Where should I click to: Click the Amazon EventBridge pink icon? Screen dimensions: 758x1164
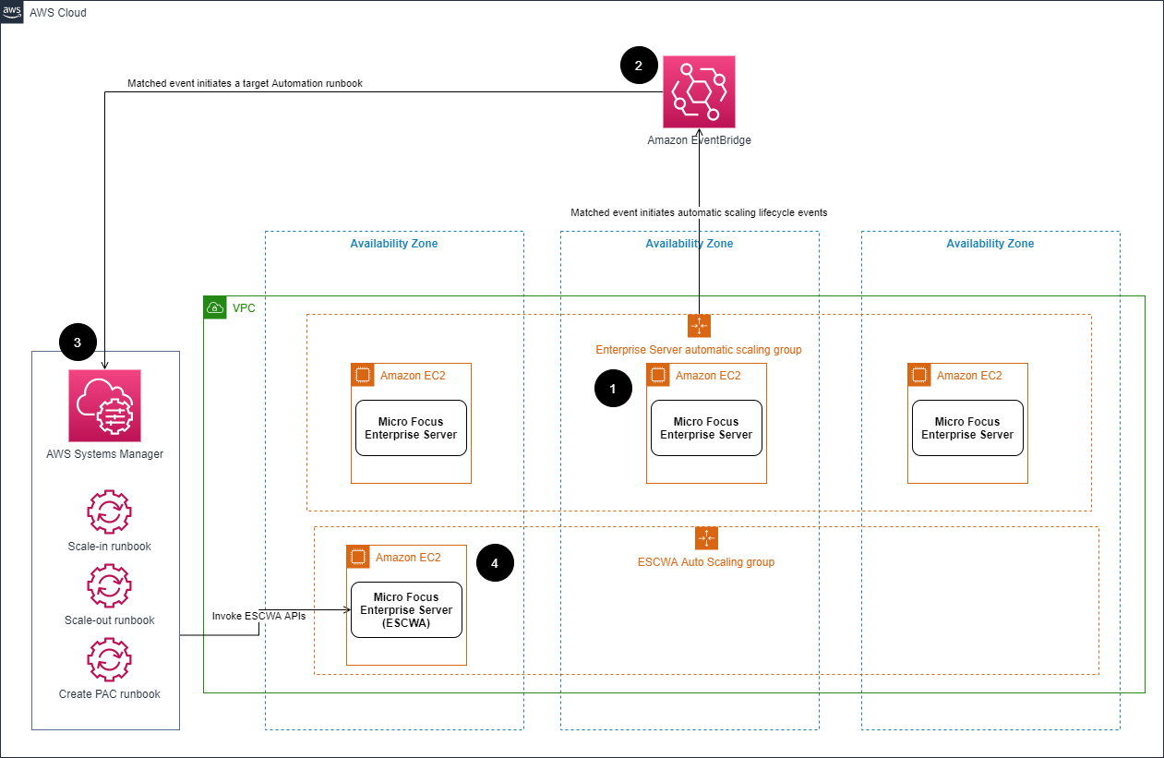[x=699, y=91]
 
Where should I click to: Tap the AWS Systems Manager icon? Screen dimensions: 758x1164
[x=104, y=405]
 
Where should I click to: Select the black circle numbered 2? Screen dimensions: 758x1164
[x=639, y=66]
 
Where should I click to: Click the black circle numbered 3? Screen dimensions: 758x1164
[x=77, y=343]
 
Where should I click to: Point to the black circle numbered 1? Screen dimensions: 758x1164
[x=613, y=390]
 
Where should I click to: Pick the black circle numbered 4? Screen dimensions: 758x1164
[x=495, y=562]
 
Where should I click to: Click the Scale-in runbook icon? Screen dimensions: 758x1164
[x=109, y=512]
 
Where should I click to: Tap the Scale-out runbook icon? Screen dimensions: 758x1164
[x=109, y=585]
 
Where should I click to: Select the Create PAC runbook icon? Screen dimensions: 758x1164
[x=109, y=659]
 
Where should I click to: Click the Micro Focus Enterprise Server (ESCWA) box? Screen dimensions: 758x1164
[x=406, y=609]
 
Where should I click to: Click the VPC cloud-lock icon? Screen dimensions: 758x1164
[x=215, y=307]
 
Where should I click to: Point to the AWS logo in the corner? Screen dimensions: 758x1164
[x=13, y=13]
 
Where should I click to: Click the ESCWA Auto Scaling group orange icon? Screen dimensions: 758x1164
[x=706, y=538]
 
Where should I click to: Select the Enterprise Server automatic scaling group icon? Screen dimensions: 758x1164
[x=699, y=326]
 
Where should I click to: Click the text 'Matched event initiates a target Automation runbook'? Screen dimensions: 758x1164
[x=245, y=83]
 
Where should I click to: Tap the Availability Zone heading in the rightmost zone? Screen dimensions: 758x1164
[x=990, y=244]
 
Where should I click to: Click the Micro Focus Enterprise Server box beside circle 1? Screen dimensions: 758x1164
[x=706, y=427]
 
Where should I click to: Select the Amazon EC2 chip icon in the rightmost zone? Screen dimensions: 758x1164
[x=919, y=375]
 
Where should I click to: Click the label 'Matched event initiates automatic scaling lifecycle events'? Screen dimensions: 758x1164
[x=699, y=212]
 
